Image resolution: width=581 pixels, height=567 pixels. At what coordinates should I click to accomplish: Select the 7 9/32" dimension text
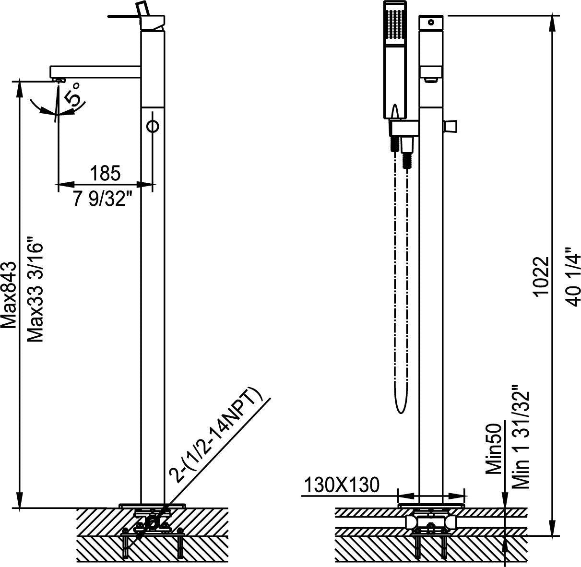click(103, 198)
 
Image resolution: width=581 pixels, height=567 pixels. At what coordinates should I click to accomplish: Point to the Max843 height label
click(10, 295)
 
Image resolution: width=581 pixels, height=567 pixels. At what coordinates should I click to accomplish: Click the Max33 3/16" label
click(36, 288)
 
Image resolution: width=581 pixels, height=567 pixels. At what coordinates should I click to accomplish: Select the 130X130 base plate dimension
click(341, 485)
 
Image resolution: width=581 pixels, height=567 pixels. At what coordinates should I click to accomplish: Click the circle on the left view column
click(153, 126)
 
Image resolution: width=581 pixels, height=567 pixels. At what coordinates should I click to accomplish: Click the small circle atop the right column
click(431, 22)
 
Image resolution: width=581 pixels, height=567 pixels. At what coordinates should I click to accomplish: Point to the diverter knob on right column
click(451, 126)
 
